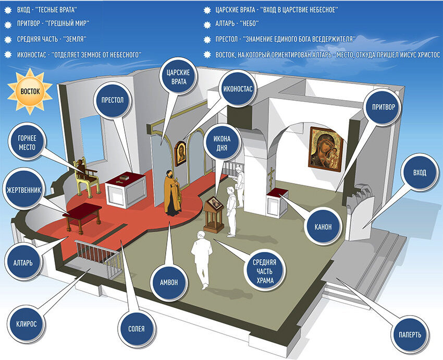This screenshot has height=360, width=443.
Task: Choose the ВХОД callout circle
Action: [419, 173]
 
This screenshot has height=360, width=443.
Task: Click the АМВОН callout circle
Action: [172, 282]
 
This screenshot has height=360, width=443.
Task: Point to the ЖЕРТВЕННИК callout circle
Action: [24, 189]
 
